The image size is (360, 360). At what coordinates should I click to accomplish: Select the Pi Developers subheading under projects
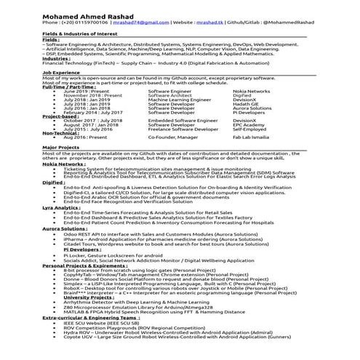tap(82, 249)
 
